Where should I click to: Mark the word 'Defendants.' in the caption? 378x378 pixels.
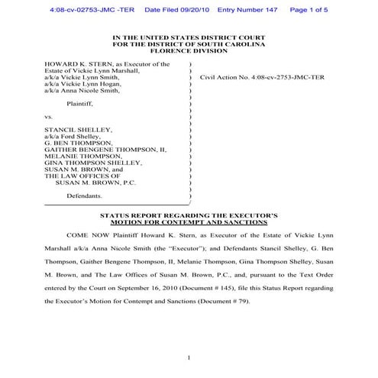pyautogui.click(x=85, y=196)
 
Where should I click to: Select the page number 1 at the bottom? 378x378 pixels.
pyautogui.click(x=188, y=357)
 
